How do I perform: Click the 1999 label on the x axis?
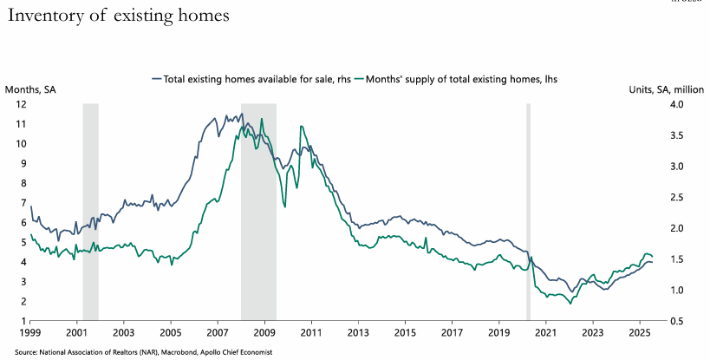click(30, 333)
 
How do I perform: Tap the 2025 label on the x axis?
click(639, 333)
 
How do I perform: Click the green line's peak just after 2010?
click(301, 127)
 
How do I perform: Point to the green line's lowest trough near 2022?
click(570, 304)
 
